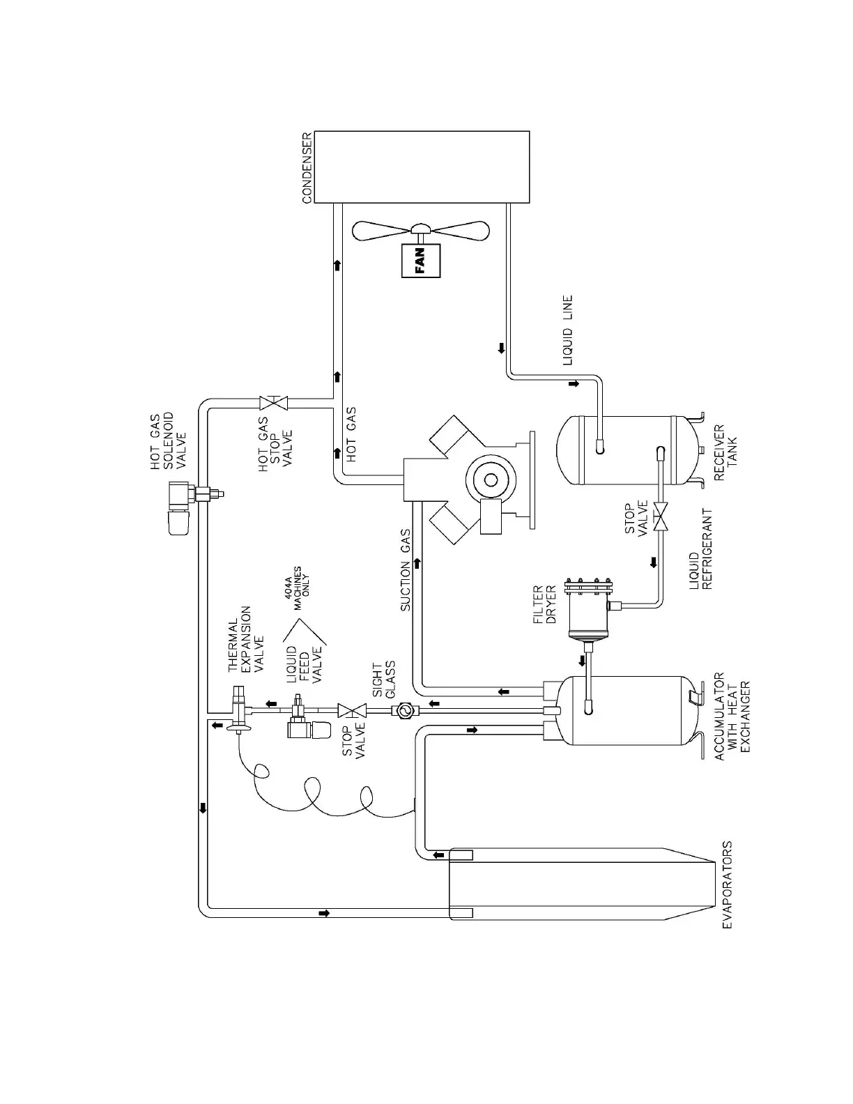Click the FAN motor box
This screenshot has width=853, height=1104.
pyautogui.click(x=421, y=261)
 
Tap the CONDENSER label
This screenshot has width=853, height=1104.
pyautogui.click(x=307, y=168)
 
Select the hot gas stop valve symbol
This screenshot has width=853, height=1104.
pyautogui.click(x=274, y=403)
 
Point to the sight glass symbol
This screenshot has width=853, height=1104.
pyautogui.click(x=404, y=712)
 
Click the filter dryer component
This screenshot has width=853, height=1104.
pyautogui.click(x=589, y=607)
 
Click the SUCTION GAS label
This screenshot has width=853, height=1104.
pyautogui.click(x=406, y=570)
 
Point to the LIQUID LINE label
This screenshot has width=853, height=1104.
pyautogui.click(x=568, y=330)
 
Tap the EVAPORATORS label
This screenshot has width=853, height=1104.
pyautogui.click(x=726, y=884)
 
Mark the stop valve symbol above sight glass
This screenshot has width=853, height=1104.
pyautogui.click(x=353, y=712)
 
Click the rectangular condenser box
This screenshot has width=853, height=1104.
pyautogui.click(x=422, y=167)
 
